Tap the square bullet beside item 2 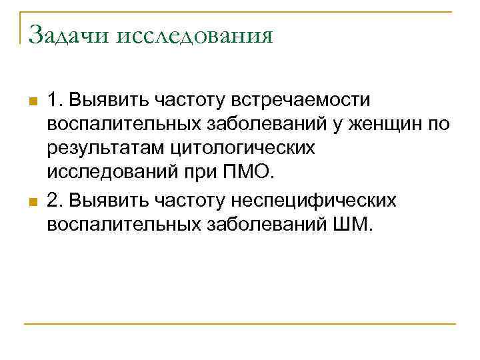tap(31, 202)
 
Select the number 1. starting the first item tap(55, 100)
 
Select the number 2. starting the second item tap(55, 200)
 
